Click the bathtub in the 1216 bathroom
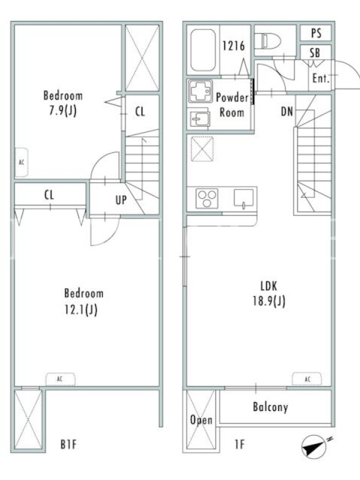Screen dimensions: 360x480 (203, 50)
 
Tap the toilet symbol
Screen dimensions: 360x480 (268, 40)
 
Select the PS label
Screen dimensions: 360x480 (316, 33)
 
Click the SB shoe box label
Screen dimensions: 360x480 (315, 53)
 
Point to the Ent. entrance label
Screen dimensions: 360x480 (321, 79)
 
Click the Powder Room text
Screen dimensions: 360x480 (232, 105)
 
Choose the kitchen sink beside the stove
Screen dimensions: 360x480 (244, 199)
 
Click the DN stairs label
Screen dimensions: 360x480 (287, 112)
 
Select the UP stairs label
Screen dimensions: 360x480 (121, 200)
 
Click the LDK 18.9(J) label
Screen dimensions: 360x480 (269, 294)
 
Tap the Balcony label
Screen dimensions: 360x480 (271, 407)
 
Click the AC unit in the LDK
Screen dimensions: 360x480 (307, 379)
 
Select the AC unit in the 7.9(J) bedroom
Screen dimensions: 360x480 (22, 162)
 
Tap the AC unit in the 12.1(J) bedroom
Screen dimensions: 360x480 (61, 379)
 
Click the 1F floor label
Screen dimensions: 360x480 (239, 444)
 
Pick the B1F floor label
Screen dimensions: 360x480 (68, 444)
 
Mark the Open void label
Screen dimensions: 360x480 (201, 420)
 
